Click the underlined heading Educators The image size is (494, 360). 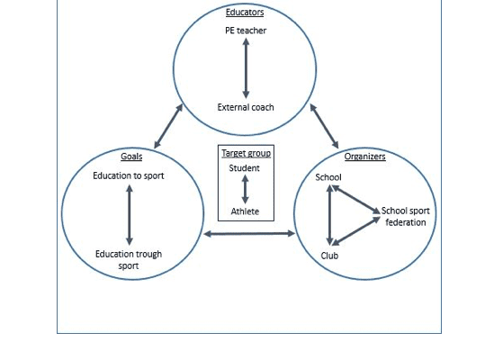tap(245, 13)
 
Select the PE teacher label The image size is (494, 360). tap(246, 31)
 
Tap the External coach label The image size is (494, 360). tap(246, 107)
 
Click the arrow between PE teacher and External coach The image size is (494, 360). tap(246, 68)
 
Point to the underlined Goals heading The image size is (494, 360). tap(131, 157)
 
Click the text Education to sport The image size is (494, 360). tap(129, 175)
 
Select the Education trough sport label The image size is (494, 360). tap(129, 260)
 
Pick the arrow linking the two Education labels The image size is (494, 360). tap(130, 215)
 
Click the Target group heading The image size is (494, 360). tap(246, 153)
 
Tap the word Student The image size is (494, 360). tap(244, 168)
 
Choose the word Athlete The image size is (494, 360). tap(245, 211)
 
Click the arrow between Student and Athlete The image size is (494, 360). tap(245, 190)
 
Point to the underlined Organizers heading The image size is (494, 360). tap(364, 157)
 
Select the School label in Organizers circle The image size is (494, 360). tap(328, 177)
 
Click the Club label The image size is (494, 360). tap(329, 256)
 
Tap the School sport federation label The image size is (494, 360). tap(406, 217)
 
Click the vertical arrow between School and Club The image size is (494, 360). tap(330, 215)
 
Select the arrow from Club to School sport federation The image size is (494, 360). tap(356, 231)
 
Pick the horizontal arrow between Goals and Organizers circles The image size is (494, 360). tap(249, 234)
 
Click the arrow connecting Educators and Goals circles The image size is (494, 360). tap(168, 126)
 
